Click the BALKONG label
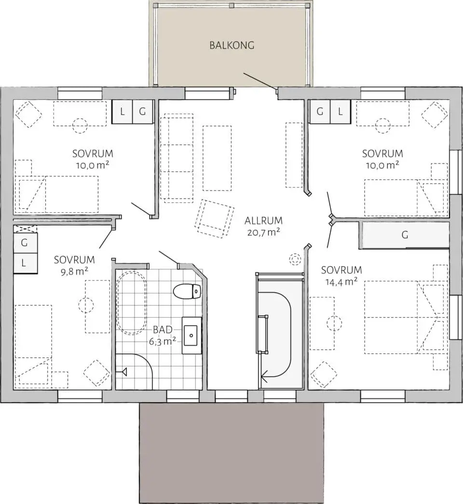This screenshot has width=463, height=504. [x=231, y=45]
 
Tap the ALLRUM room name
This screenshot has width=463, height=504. [x=263, y=221]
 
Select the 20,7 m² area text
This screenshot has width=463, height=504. [x=263, y=232]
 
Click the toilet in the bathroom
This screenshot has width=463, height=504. [x=187, y=291]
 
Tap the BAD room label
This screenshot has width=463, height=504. [x=163, y=330]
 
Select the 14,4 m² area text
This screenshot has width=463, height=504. [x=341, y=282]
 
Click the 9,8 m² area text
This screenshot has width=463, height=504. [x=74, y=272]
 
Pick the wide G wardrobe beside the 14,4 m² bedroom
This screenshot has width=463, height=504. [x=405, y=235]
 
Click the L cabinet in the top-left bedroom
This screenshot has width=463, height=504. [x=122, y=111]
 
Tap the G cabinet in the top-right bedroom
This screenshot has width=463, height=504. [x=319, y=111]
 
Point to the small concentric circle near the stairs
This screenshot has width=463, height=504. [x=294, y=259]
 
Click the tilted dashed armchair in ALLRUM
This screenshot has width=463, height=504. [x=214, y=219]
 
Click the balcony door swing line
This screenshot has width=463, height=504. [x=259, y=80]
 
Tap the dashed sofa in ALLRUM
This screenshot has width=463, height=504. [x=177, y=158]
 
